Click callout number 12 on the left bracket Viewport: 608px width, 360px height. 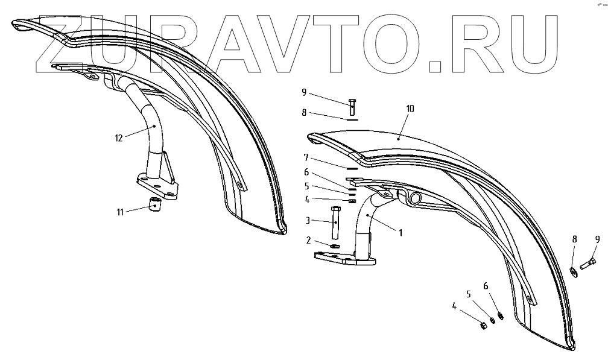(x=118, y=138)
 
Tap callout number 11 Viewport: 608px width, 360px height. (x=121, y=211)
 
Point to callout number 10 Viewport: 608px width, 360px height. (x=410, y=109)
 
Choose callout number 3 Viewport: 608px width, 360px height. (x=306, y=221)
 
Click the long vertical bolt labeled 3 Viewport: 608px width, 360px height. (x=336, y=221)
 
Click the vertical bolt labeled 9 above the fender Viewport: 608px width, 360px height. (x=352, y=106)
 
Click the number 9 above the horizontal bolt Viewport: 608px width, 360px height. (x=597, y=239)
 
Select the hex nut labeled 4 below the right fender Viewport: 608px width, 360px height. (x=483, y=326)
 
